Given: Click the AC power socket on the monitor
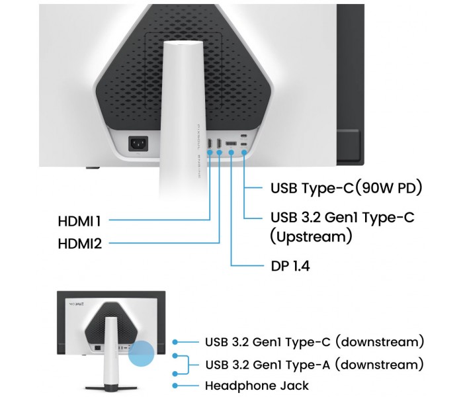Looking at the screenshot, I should tap(139, 142).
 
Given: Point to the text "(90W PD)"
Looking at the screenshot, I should tap(387, 188).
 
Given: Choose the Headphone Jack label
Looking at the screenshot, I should tap(257, 385).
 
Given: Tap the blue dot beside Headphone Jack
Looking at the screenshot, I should tap(175, 385).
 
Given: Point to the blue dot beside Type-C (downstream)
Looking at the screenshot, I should tap(175, 342).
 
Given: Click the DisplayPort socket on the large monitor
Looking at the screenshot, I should tap(232, 144).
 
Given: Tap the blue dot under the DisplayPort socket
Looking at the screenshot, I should tap(232, 154).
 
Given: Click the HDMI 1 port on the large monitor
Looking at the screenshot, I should tap(209, 144).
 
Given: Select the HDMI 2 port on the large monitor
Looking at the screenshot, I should tap(219, 144).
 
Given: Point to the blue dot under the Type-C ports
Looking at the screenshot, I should tap(245, 154).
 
